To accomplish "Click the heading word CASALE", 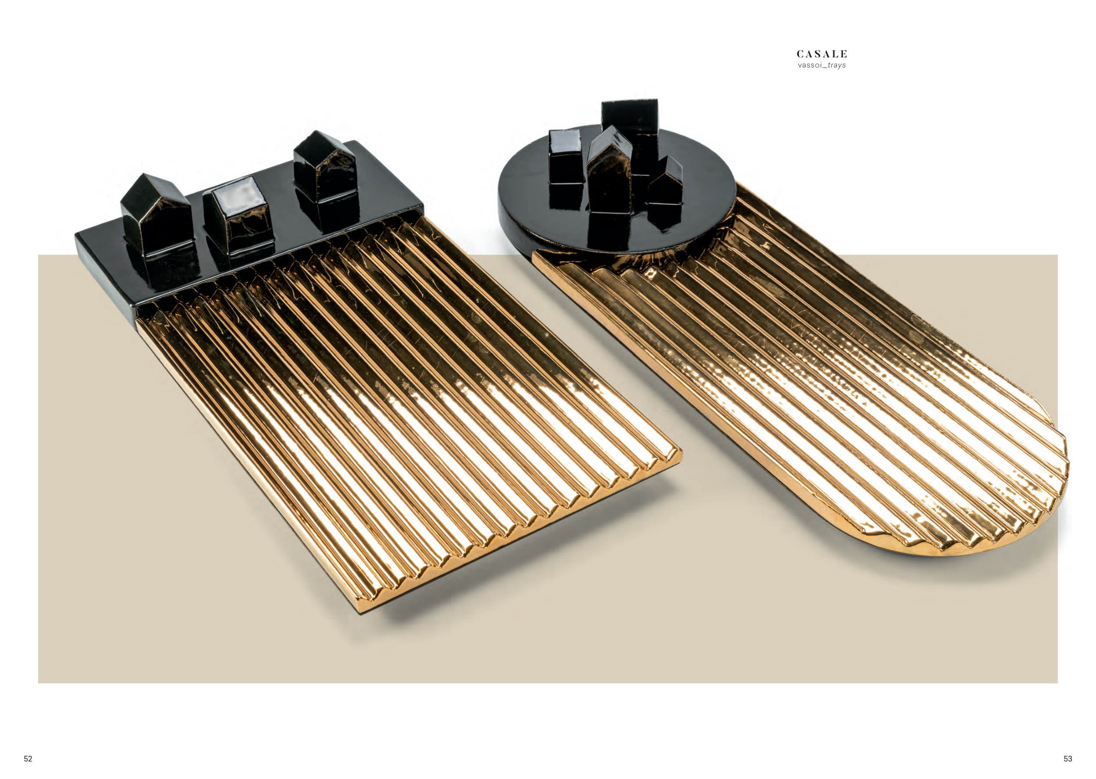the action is click(822, 54).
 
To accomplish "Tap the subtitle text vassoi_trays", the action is click(822, 65).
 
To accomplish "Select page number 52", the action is click(28, 758).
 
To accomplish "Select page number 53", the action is click(1068, 758).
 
